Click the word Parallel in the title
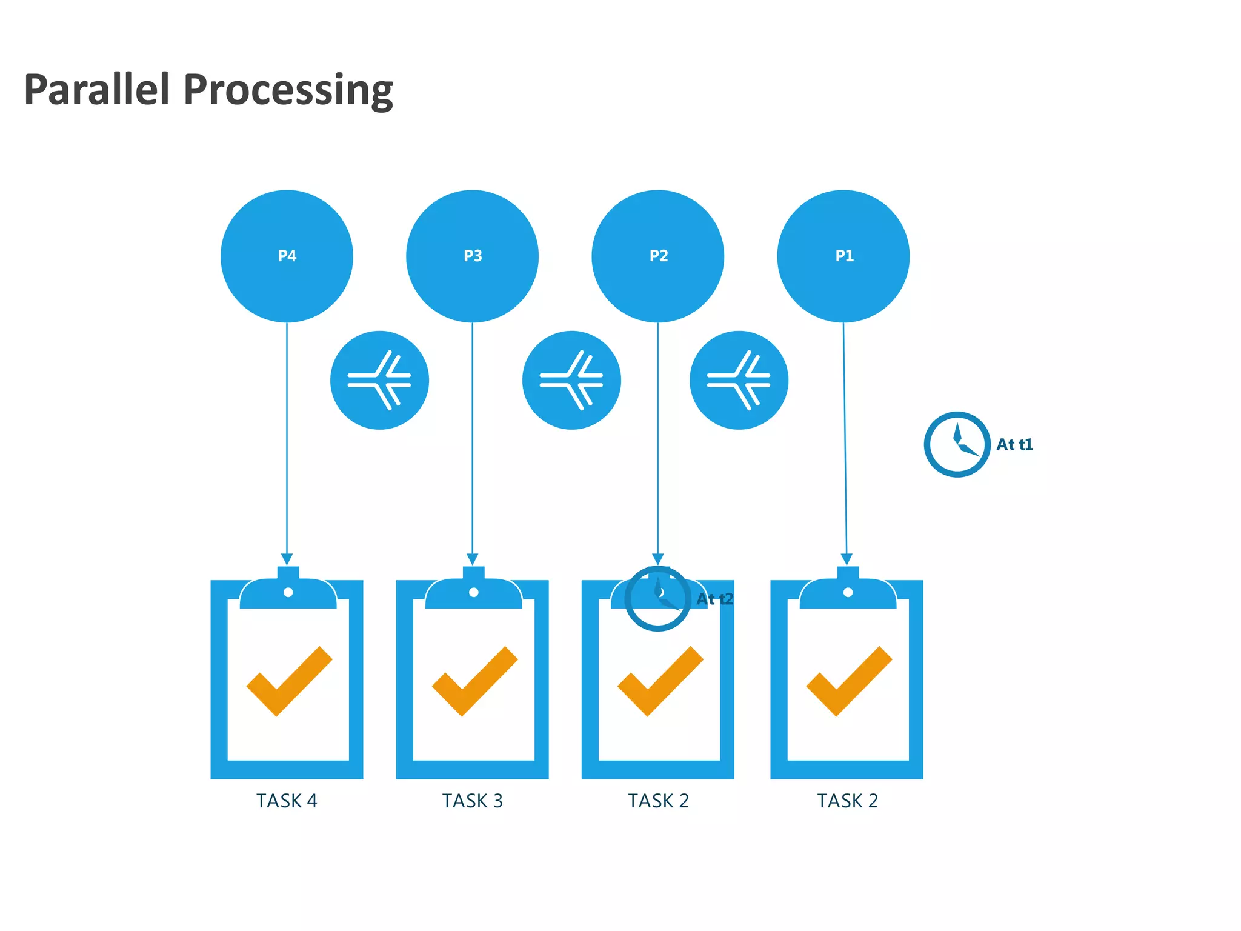(96, 90)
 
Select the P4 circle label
(287, 256)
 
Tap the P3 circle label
(473, 256)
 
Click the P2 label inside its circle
(658, 256)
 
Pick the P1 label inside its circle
(844, 256)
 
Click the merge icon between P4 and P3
(379, 380)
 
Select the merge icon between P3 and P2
(571, 380)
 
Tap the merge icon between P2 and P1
(739, 380)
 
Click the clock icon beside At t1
(957, 444)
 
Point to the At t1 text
(1014, 444)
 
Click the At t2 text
(714, 599)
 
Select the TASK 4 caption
(287, 801)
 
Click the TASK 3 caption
(473, 801)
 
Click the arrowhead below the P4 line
(287, 559)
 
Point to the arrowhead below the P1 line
(847, 559)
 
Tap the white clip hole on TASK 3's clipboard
(474, 592)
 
